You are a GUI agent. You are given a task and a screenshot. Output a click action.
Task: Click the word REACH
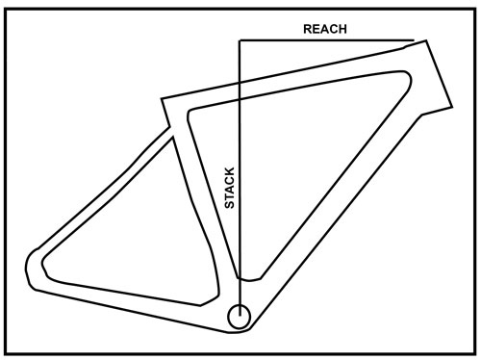pyautogui.click(x=324, y=28)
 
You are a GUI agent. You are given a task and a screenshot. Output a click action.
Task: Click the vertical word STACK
pyautogui.click(x=229, y=190)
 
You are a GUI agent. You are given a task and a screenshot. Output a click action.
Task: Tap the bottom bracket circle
pyautogui.click(x=239, y=315)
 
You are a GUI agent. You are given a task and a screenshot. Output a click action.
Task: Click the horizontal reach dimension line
pyautogui.click(x=327, y=40)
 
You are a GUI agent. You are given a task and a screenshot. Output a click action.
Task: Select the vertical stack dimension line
pyautogui.click(x=240, y=144)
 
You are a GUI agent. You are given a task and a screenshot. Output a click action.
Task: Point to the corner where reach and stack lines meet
pyautogui.click(x=240, y=40)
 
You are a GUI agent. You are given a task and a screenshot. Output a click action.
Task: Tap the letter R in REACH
pyautogui.click(x=307, y=28)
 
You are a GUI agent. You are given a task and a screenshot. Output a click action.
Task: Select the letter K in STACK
pyautogui.click(x=229, y=173)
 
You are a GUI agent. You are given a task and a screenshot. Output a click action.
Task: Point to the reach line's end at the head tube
pyautogui.click(x=413, y=40)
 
